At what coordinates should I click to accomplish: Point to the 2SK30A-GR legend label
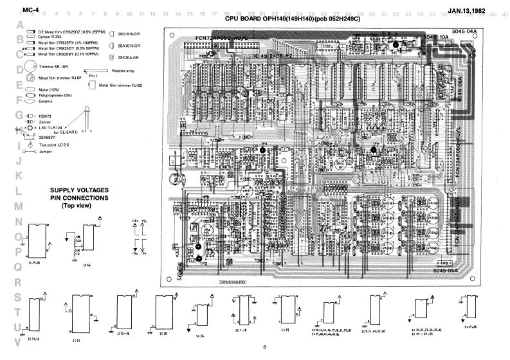click(129, 58)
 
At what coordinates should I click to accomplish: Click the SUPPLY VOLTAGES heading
click(78, 190)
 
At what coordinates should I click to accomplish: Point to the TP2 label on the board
click(204, 263)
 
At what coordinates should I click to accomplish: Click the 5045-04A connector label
click(464, 30)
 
